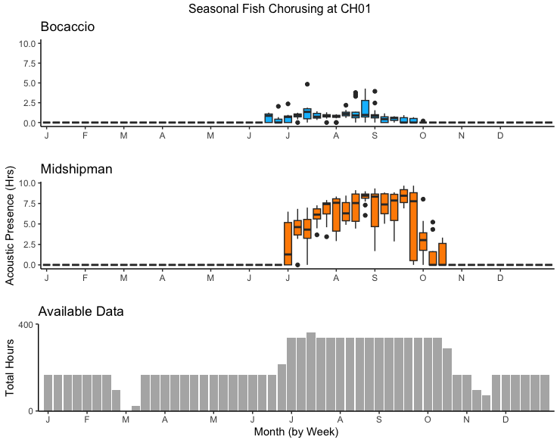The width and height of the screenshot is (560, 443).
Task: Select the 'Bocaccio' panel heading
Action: [67, 27]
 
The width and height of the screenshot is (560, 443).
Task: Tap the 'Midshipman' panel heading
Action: [76, 169]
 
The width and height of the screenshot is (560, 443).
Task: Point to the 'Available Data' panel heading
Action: [81, 311]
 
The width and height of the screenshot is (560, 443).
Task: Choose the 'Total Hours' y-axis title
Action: [10, 367]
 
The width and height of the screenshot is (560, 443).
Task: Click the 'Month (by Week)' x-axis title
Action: [296, 432]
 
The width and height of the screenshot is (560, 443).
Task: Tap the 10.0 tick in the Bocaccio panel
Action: [27, 43]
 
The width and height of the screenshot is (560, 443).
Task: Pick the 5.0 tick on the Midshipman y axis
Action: [29, 224]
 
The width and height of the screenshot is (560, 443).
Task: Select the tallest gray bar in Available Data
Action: [311, 371]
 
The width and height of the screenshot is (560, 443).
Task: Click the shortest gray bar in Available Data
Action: [136, 408]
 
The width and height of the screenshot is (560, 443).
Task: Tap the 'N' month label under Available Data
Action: [467, 419]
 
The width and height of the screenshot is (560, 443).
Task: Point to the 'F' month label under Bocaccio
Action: [85, 136]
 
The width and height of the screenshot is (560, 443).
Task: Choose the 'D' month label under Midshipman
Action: [500, 278]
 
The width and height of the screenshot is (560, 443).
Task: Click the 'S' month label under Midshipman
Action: [374, 278]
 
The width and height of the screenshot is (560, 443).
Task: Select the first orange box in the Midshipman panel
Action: [288, 243]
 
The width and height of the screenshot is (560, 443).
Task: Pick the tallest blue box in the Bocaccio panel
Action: [365, 108]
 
